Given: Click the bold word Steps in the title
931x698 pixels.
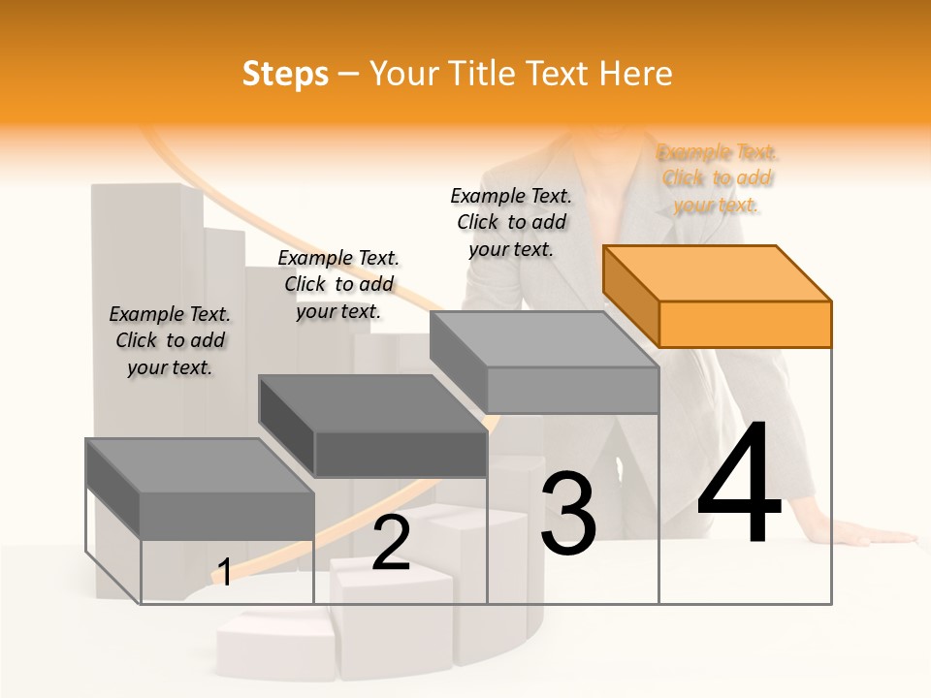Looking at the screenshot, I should [285, 74].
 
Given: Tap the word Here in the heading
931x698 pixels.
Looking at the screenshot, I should [638, 74].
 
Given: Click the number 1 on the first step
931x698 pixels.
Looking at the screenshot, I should [224, 572].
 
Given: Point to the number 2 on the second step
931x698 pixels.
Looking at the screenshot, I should [391, 543].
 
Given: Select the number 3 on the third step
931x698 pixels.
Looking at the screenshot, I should [568, 514].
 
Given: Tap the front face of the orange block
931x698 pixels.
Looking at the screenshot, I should [745, 324].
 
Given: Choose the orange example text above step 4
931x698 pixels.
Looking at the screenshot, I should [717, 178].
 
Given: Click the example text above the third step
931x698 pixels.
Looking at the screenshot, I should [511, 222].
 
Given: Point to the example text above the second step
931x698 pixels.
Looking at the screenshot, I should [338, 284].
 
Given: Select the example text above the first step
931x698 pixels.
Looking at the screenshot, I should [170, 340].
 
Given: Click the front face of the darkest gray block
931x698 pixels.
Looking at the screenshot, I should [401, 454].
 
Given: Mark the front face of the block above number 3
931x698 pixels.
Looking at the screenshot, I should [572, 390].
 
